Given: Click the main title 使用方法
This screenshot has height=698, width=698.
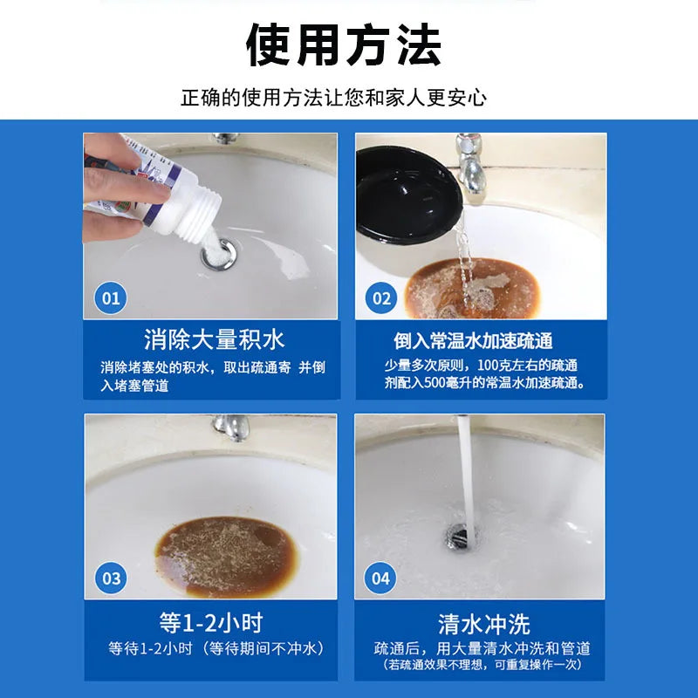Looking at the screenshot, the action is click(343, 44).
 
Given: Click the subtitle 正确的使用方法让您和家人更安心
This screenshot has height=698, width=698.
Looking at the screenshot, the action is click(334, 98).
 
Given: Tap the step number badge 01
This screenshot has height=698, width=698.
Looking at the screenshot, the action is click(111, 298).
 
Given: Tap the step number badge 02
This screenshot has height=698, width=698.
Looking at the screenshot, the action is click(381, 298).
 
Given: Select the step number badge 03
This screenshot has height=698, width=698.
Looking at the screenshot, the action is click(111, 578).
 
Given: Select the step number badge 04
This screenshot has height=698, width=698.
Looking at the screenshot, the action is click(380, 578).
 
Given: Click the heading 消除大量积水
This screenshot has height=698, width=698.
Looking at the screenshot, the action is click(214, 339).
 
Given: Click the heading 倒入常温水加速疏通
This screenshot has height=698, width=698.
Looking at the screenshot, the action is click(473, 341).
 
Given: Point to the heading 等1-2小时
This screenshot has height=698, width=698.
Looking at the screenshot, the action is click(211, 622).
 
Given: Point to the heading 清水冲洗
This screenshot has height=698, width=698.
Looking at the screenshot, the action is click(484, 624).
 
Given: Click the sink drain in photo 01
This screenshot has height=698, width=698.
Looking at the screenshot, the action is click(219, 254).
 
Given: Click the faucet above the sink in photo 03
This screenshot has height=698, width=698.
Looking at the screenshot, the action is click(231, 427).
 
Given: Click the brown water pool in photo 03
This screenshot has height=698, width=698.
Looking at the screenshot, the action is click(226, 556).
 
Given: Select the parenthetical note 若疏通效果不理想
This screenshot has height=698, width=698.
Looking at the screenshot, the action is click(482, 665).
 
